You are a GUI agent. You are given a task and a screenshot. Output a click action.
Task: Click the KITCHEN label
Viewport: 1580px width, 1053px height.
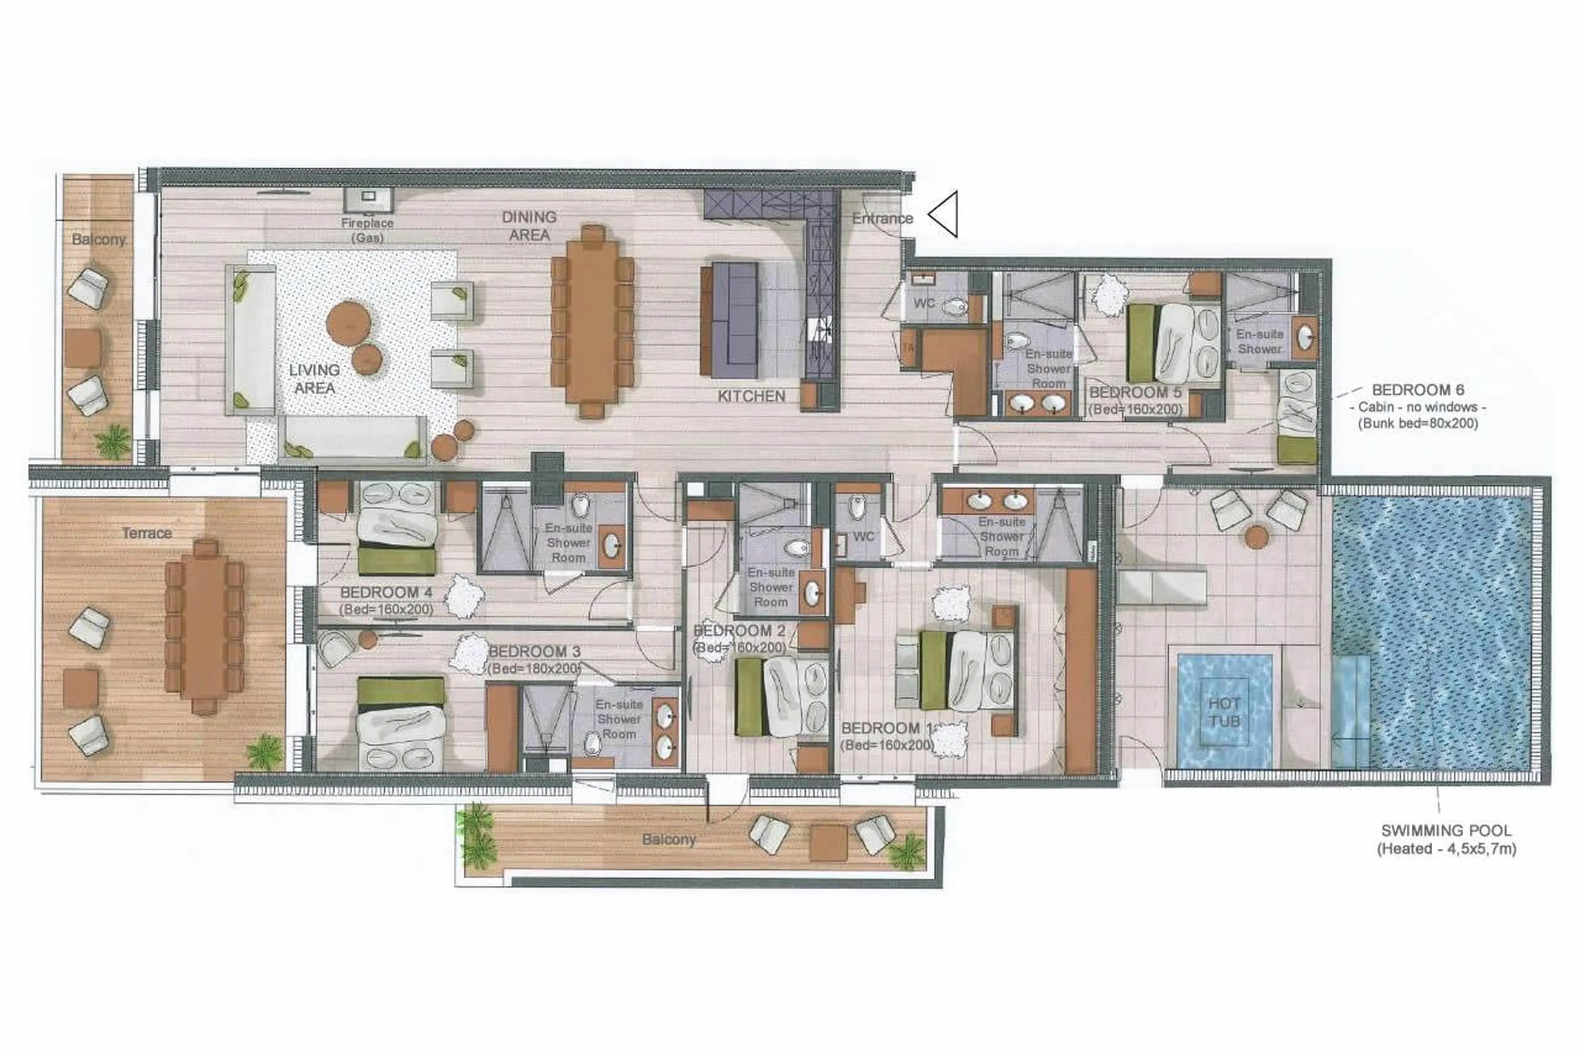click(x=751, y=396)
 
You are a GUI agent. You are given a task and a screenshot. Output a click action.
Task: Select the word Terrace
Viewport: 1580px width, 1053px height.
click(x=146, y=532)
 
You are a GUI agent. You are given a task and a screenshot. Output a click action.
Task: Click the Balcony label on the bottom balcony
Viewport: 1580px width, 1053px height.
click(x=668, y=839)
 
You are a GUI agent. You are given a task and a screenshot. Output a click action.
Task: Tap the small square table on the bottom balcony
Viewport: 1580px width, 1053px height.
click(x=828, y=843)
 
